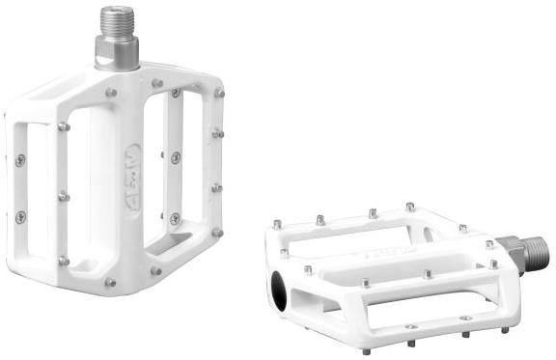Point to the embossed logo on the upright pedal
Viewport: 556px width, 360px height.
pos(132,161)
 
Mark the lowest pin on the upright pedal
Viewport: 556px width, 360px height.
pos(110,284)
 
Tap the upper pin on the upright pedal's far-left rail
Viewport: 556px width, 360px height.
pos(20,160)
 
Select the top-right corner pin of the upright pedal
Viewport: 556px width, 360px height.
pos(219,94)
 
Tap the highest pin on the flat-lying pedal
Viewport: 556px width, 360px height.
pos(410,207)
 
